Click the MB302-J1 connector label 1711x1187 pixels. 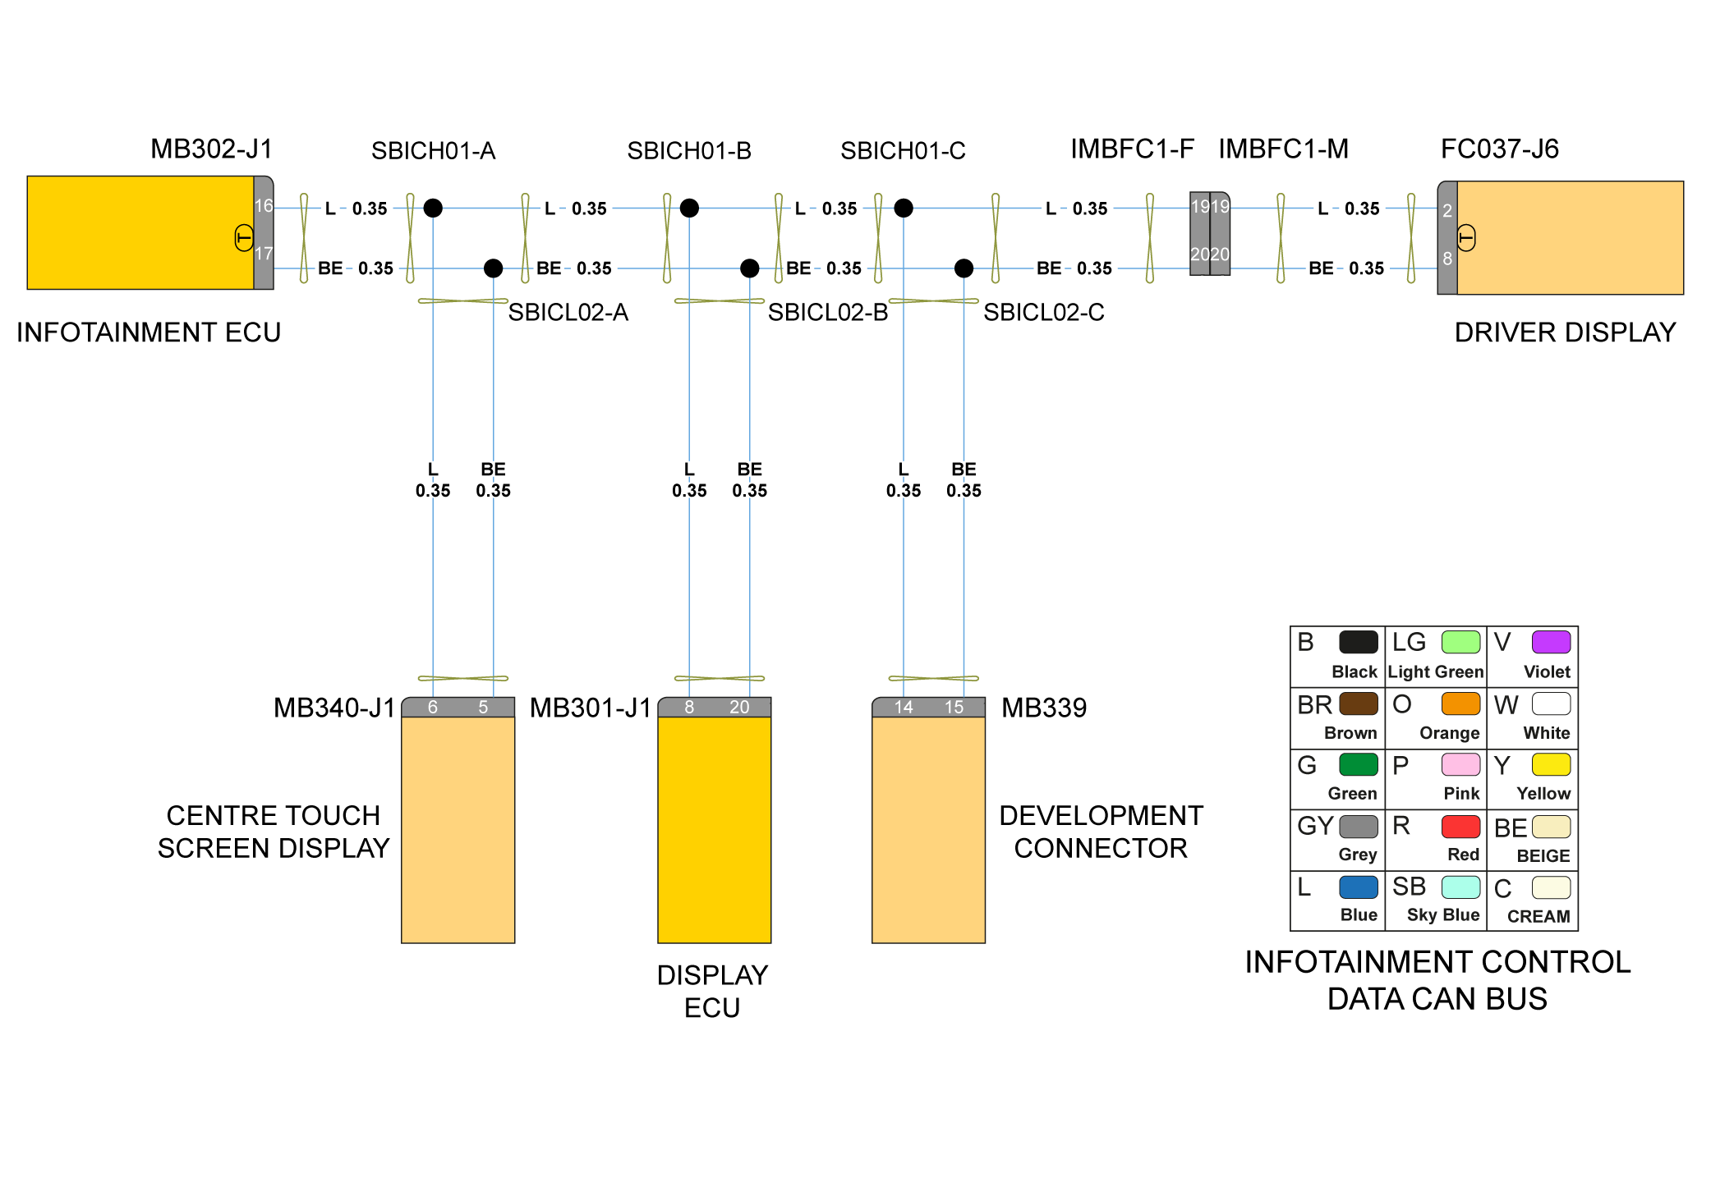point(211,149)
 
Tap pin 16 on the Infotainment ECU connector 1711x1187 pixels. point(263,206)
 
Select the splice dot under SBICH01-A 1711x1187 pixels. point(433,208)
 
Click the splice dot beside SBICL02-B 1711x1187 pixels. point(749,268)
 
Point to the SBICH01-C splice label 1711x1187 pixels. point(903,151)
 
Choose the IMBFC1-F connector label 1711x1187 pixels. point(1131,149)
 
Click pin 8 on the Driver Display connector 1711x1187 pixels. point(1447,259)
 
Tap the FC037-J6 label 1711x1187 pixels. point(1499,149)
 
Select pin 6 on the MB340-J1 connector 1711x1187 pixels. point(433,708)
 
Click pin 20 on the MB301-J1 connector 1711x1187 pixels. point(739,708)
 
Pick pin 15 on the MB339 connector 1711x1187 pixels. point(954,708)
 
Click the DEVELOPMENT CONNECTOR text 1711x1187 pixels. point(1101,832)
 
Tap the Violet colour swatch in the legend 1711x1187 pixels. point(1551,642)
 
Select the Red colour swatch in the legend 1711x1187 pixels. point(1460,826)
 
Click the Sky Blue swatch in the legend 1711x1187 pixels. point(1460,887)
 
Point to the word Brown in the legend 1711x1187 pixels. point(1350,733)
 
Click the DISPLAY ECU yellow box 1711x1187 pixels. point(714,829)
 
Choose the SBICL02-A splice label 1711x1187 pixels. point(568,313)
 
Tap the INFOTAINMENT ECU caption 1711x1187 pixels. point(149,332)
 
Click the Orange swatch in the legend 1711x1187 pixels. point(1460,703)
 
